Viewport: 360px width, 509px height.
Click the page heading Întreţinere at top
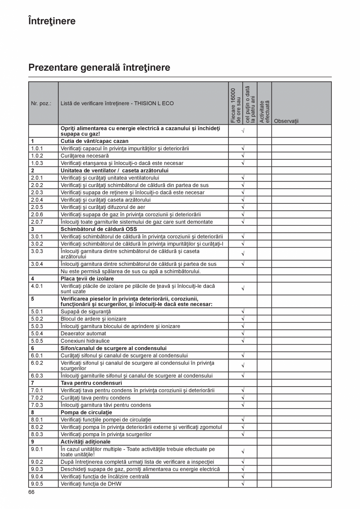52,21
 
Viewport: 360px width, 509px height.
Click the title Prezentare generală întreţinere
99,68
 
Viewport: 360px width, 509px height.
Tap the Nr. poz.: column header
41,104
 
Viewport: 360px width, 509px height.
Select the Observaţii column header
286,121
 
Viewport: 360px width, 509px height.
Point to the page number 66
31,492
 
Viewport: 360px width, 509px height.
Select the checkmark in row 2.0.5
243,207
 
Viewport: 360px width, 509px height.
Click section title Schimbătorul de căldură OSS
99,229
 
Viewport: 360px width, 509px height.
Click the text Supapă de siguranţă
86,312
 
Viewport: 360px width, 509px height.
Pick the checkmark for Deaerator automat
243,334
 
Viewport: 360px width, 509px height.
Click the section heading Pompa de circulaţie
86,412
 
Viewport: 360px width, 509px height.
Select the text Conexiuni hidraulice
85,341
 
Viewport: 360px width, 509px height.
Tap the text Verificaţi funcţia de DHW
91,484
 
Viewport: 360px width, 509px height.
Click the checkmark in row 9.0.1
243,452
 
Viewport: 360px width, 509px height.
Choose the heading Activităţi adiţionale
85,442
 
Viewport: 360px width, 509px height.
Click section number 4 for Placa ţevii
32,279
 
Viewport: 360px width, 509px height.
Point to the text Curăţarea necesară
85,156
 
